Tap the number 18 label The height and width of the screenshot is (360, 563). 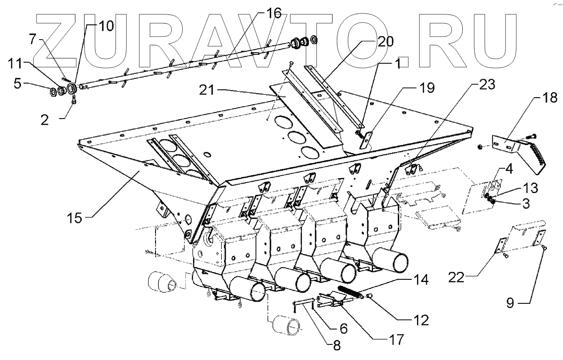tap(550, 98)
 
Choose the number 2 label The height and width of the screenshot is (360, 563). tap(44, 119)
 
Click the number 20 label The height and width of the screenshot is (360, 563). tap(385, 42)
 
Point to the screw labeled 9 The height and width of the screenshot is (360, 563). tap(545, 248)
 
